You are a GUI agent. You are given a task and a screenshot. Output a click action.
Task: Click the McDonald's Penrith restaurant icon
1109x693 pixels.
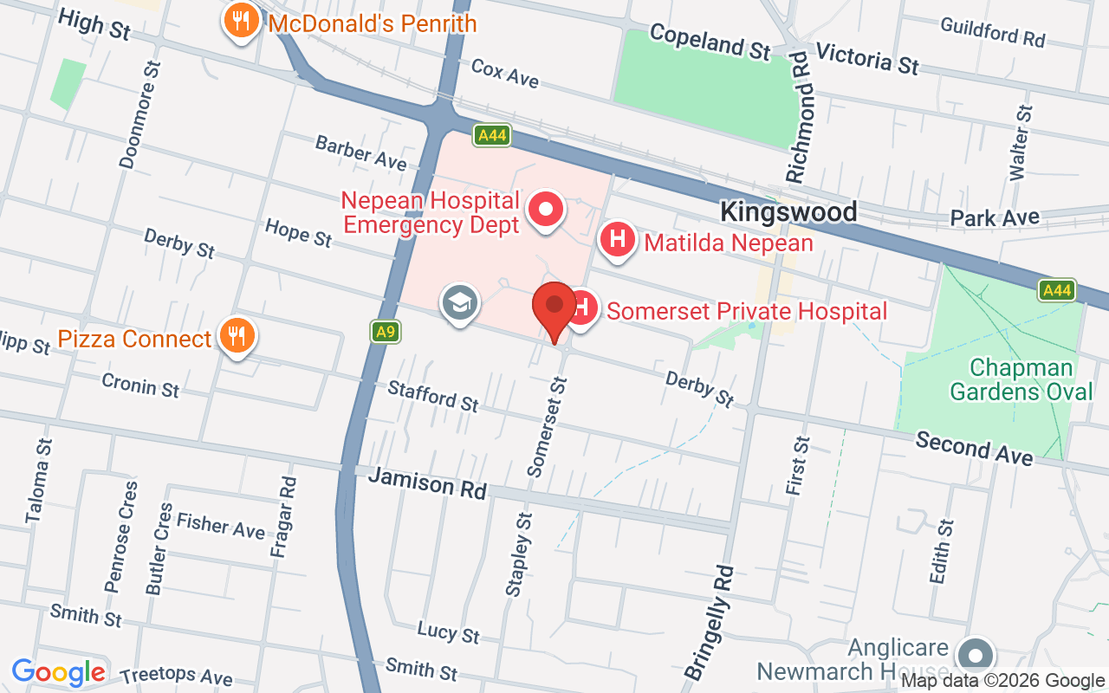click(241, 20)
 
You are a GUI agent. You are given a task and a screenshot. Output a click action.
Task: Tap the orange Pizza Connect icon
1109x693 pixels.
click(235, 334)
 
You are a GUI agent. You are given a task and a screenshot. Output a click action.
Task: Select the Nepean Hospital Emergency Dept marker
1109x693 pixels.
click(547, 210)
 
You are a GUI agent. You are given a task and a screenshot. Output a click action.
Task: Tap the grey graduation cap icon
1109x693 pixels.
click(459, 303)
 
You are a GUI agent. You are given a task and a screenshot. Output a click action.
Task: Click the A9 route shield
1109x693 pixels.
click(386, 331)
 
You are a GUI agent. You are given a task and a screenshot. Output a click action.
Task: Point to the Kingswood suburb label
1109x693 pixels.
click(788, 212)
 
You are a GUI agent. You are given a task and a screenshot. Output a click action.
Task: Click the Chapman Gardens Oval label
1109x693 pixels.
click(1021, 379)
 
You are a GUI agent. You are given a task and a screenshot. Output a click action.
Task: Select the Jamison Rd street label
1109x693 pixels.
click(427, 483)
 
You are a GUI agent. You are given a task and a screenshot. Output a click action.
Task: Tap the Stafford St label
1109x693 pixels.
click(433, 397)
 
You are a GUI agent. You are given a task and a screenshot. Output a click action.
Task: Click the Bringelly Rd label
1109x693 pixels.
click(710, 622)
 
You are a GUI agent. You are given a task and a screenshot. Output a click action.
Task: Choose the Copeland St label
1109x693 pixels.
click(709, 42)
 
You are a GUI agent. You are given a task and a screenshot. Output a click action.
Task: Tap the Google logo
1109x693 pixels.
click(59, 672)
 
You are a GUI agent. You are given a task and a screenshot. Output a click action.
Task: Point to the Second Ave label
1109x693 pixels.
click(974, 448)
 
